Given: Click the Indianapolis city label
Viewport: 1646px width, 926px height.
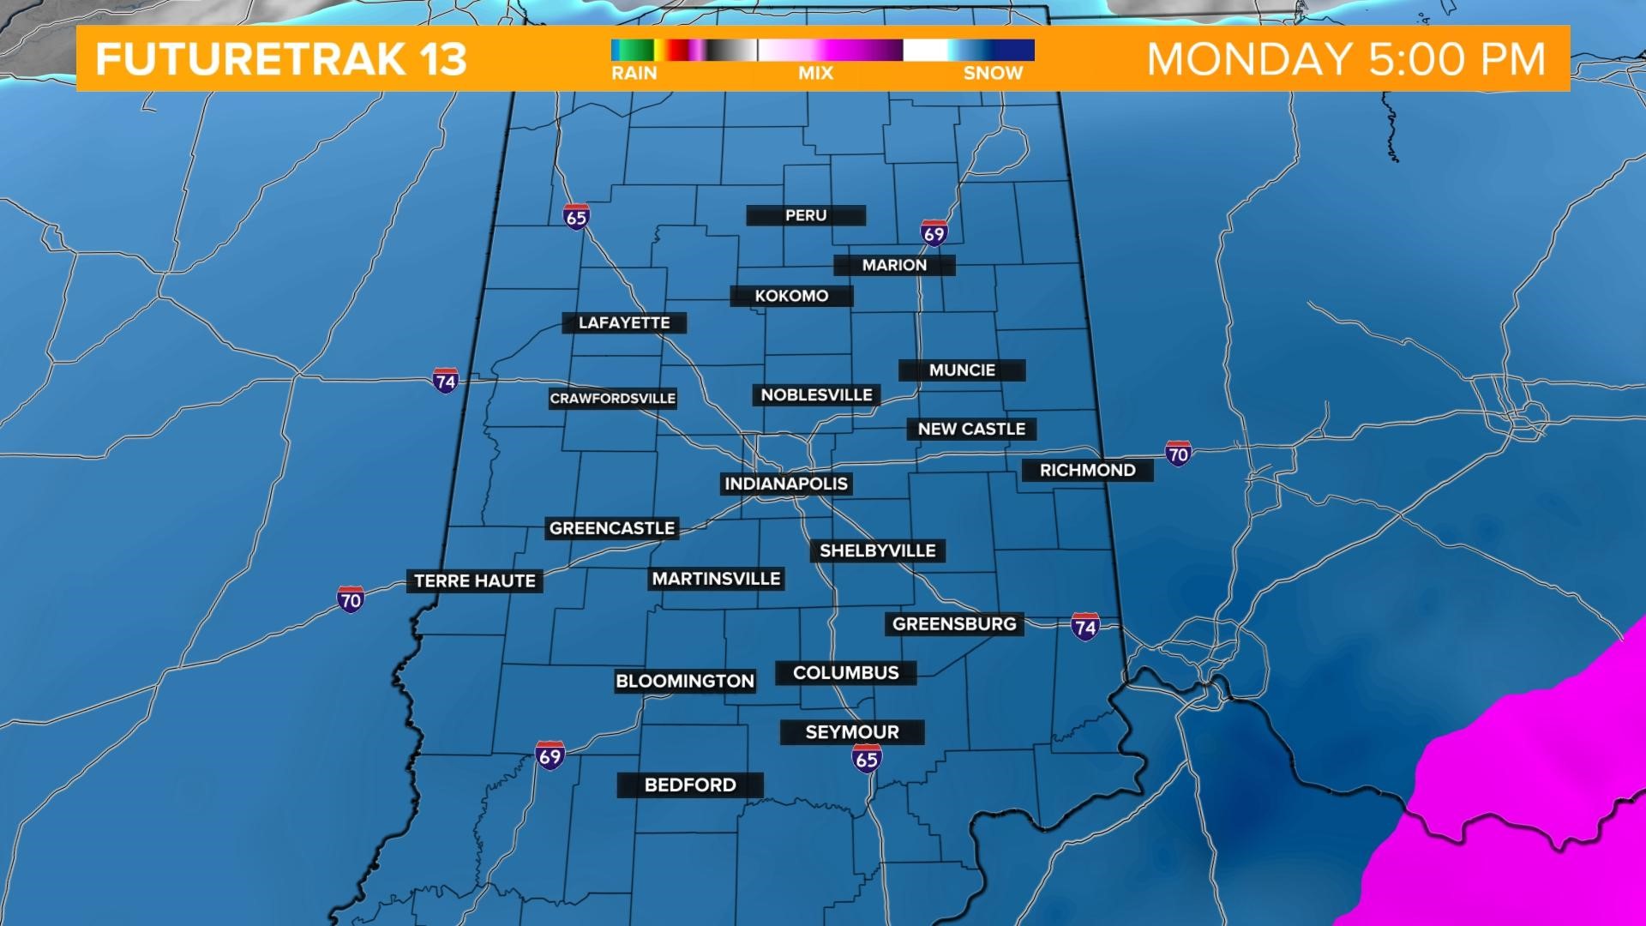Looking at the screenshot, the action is [785, 484].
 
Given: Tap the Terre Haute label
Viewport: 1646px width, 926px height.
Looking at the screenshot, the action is [474, 581].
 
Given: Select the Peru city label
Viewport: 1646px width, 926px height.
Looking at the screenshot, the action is [806, 215].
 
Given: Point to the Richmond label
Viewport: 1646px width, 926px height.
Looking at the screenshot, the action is [1087, 470].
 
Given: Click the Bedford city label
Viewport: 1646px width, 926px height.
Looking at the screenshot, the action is [690, 785].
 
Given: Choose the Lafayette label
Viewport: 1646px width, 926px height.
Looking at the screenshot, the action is [624, 323].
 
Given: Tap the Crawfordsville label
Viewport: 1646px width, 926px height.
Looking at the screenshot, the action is [613, 399].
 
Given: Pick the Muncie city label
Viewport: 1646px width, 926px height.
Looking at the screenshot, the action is [962, 370].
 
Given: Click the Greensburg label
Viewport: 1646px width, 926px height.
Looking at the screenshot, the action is [954, 624].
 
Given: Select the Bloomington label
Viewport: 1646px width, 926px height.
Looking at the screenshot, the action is [685, 682].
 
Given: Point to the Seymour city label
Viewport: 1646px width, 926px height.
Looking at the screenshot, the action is [852, 732].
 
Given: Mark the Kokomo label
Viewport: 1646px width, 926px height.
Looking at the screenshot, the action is [791, 296].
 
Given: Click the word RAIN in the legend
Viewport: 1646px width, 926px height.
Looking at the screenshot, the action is [634, 74].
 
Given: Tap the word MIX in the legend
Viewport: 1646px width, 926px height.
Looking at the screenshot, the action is [815, 74].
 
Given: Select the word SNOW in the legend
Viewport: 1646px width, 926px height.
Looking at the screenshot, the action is [993, 74].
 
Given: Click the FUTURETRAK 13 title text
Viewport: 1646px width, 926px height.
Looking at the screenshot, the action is [281, 59].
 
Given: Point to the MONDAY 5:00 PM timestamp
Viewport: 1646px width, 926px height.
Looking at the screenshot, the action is [1346, 59].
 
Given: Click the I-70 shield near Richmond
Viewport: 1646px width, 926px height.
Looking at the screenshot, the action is [1178, 454].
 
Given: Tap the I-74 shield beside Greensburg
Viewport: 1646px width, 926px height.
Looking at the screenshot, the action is [1085, 627].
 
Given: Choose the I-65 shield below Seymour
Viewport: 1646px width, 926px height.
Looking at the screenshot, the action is [867, 758].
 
